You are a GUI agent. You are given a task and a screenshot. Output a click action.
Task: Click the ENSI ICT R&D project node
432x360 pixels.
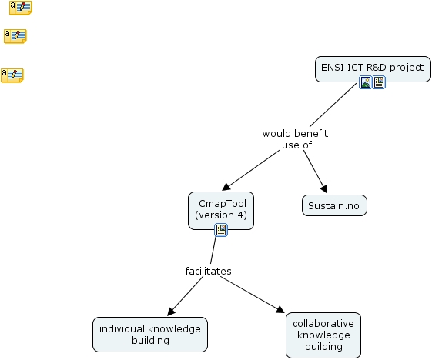pyautogui.click(x=372, y=68)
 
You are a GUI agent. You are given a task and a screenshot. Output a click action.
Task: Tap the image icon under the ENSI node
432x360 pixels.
pyautogui.click(x=367, y=82)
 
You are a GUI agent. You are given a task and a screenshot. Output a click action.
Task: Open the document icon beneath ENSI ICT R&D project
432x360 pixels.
pyautogui.click(x=380, y=82)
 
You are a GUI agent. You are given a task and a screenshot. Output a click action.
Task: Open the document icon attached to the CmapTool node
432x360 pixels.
pyautogui.click(x=221, y=230)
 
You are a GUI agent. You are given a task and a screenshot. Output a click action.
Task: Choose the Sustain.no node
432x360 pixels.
pyautogui.click(x=334, y=206)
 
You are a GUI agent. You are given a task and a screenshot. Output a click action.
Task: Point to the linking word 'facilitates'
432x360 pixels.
pyautogui.click(x=208, y=271)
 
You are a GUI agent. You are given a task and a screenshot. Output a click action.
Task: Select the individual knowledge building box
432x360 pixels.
pyautogui.click(x=150, y=334)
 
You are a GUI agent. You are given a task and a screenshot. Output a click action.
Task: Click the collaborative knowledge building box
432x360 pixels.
pyautogui.click(x=323, y=335)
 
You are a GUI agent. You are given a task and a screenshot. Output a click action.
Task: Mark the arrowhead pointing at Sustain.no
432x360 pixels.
pyautogui.click(x=324, y=190)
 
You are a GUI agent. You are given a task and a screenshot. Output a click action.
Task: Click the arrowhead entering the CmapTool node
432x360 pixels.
pyautogui.click(x=227, y=186)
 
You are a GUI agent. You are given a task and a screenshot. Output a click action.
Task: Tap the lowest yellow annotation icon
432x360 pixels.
pyautogui.click(x=12, y=75)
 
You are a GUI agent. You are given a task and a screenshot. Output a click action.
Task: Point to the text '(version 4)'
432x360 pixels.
pyautogui.click(x=221, y=215)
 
